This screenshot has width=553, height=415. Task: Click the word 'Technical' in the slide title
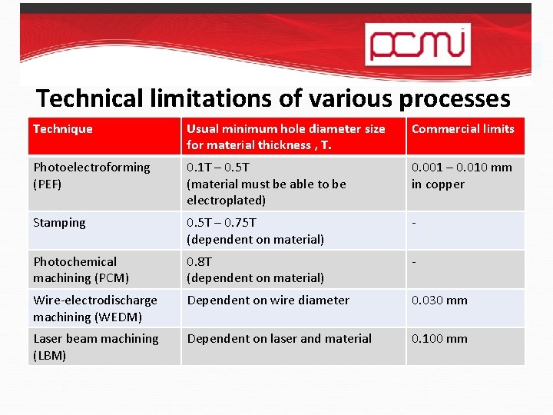coord(90,98)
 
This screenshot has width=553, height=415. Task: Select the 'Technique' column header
coord(63,129)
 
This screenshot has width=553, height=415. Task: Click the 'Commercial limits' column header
coord(463,129)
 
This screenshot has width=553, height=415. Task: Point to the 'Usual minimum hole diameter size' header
coord(286,129)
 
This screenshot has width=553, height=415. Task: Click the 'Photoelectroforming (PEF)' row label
coord(91,175)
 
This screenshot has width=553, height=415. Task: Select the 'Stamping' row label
coord(59,223)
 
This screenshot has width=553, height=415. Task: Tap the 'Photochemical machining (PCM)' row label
coord(81,270)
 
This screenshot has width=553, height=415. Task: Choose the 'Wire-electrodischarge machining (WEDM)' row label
coord(94,308)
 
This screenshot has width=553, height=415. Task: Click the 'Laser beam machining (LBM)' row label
coord(95,347)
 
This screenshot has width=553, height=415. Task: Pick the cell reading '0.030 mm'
coord(439,300)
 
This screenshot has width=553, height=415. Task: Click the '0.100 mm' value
coord(439,339)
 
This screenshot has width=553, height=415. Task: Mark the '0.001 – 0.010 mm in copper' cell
coord(462,175)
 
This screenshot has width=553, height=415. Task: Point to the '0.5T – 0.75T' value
coord(222,223)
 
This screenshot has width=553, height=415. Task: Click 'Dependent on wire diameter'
coord(268,300)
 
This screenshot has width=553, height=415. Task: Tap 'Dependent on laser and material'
coord(280,339)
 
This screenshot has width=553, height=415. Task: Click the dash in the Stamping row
coord(414,223)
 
